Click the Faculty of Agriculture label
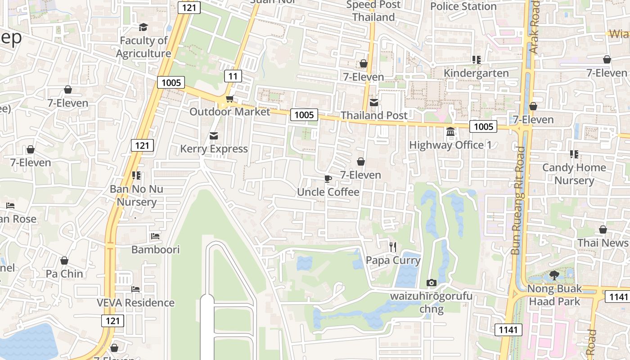click(144, 47)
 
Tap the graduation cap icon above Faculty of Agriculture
click(144, 27)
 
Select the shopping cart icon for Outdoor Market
click(229, 99)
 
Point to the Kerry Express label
click(214, 149)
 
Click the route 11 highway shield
click(233, 76)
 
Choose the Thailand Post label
click(374, 116)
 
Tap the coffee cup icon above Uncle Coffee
click(328, 179)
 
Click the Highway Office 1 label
click(450, 145)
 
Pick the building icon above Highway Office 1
click(450, 132)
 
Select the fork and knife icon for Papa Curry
click(393, 247)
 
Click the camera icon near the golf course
click(432, 283)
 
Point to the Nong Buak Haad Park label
click(554, 295)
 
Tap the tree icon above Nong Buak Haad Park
click(554, 275)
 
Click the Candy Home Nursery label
click(574, 174)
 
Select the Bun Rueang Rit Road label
click(518, 200)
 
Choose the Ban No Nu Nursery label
click(136, 195)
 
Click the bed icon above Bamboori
click(155, 236)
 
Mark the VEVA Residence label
click(135, 303)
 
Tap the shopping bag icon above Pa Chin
click(64, 261)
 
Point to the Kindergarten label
click(476, 73)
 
